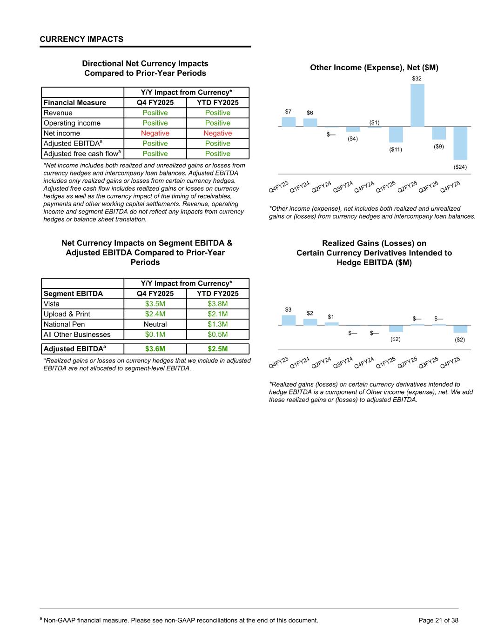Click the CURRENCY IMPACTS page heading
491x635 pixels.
(x=81, y=39)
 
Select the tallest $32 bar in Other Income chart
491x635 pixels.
(x=417, y=106)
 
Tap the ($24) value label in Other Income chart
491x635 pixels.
(x=460, y=167)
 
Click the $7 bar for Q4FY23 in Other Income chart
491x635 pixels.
(x=289, y=122)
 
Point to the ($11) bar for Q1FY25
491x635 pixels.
(x=396, y=134)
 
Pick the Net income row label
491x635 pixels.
(x=62, y=134)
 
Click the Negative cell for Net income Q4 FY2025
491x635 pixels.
(x=155, y=134)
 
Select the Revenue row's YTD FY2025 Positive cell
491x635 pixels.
(x=217, y=113)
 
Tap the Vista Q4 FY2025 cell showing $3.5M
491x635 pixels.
(x=155, y=304)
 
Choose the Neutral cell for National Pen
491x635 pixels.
(x=155, y=324)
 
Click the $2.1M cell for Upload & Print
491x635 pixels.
(x=217, y=314)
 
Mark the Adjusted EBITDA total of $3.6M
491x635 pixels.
(x=155, y=349)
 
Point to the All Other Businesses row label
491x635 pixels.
(x=77, y=334)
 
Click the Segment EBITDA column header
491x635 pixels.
(x=73, y=294)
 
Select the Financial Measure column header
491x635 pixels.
(x=75, y=103)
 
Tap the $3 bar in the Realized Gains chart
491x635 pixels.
(x=289, y=320)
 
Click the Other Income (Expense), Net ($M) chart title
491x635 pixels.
(x=374, y=68)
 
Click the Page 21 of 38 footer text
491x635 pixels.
(x=438, y=620)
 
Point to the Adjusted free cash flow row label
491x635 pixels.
(x=82, y=154)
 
